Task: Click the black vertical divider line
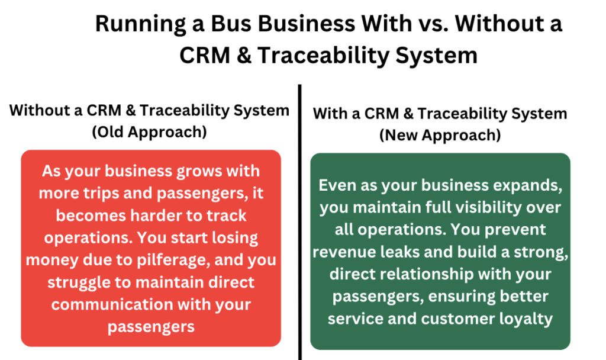[x=299, y=223]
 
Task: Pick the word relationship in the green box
[x=427, y=275]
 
